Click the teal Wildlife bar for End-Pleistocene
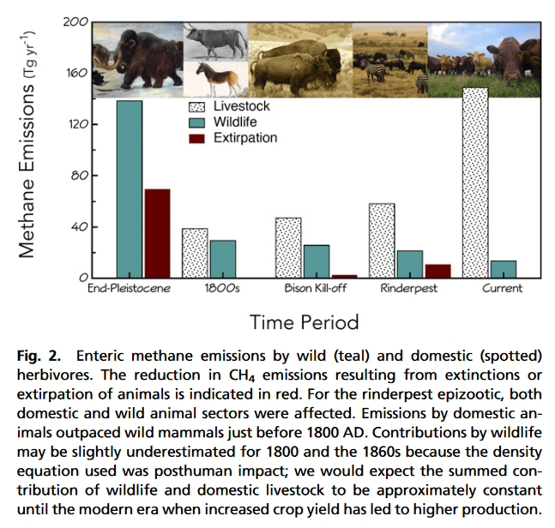(x=130, y=189)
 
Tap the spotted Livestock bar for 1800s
(x=195, y=253)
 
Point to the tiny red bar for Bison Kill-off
(x=345, y=276)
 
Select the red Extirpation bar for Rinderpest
(x=437, y=271)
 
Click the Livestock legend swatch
(x=199, y=106)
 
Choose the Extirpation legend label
(x=244, y=138)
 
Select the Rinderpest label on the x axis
(x=409, y=289)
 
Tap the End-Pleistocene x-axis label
(x=129, y=289)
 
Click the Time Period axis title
(x=304, y=322)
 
